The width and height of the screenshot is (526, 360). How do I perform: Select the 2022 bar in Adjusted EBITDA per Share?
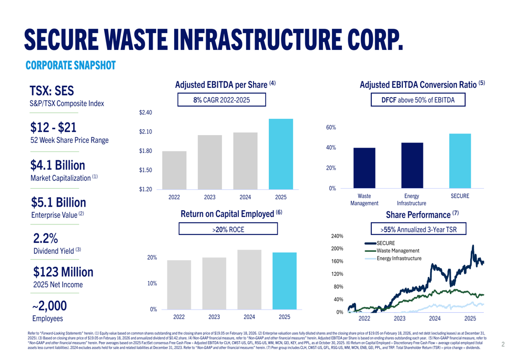tap(174, 170)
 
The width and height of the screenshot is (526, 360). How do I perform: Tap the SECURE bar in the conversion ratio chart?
tap(460, 161)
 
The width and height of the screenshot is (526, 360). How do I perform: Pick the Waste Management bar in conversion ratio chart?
tap(364, 168)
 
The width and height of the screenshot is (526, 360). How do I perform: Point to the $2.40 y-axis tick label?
tap(146, 112)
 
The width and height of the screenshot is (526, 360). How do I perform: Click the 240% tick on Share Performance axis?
tap(337, 236)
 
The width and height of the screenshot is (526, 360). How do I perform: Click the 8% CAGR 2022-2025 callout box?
tap(221, 100)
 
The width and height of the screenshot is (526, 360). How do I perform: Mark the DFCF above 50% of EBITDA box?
tap(419, 100)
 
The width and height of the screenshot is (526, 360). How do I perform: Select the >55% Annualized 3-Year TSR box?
tap(419, 230)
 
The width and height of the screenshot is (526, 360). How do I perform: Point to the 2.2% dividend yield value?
tap(46, 238)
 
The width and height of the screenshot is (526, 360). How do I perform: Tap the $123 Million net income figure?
tap(63, 272)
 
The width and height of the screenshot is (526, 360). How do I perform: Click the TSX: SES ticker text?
tap(52, 91)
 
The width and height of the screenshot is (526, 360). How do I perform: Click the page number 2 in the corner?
tap(503, 345)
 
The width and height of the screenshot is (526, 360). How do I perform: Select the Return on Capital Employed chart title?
tap(231, 214)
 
